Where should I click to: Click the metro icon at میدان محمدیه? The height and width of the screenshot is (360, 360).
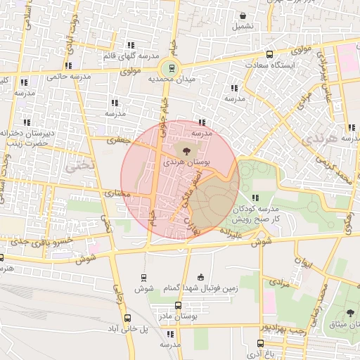(169, 68)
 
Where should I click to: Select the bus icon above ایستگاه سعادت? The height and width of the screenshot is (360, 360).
(270, 55)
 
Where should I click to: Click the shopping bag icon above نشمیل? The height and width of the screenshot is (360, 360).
(243, 15)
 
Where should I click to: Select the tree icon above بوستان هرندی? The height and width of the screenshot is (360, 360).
(185, 150)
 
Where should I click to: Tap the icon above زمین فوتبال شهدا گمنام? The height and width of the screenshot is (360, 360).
(202, 276)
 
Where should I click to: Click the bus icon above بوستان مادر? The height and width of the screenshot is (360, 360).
(178, 306)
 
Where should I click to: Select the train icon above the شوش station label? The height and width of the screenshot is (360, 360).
(145, 278)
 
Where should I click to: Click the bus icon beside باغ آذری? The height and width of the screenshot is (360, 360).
(261, 344)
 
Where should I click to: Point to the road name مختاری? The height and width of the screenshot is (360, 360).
(117, 192)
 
